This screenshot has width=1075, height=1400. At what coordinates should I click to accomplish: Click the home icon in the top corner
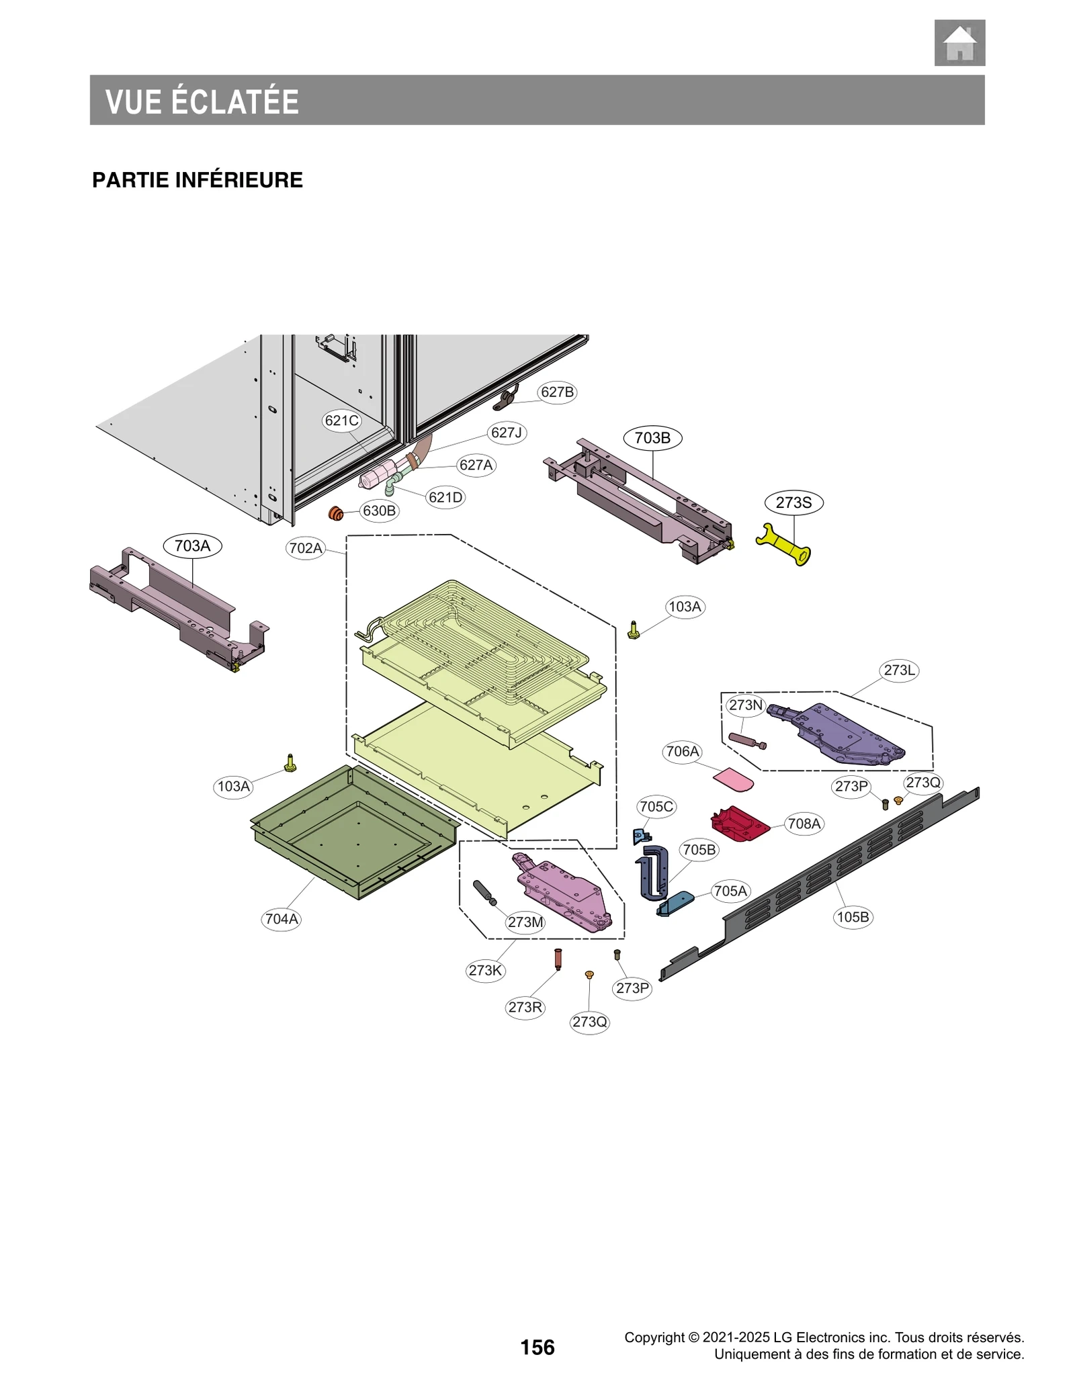[959, 43]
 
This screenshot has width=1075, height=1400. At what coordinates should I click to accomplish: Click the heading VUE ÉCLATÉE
[202, 101]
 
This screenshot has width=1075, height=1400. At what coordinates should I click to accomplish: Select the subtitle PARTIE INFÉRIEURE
[197, 180]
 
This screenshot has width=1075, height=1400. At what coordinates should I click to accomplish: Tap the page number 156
[537, 1347]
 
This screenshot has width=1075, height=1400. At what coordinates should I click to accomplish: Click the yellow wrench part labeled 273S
[783, 543]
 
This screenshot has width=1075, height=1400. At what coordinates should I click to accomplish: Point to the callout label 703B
[652, 438]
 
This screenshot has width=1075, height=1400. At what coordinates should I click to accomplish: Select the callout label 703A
[192, 545]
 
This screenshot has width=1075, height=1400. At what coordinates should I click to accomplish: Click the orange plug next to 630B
[335, 514]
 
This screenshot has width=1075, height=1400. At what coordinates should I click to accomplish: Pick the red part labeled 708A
[739, 824]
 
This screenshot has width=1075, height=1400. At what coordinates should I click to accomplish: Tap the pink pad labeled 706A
[733, 779]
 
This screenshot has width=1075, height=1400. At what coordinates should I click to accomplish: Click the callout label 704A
[281, 918]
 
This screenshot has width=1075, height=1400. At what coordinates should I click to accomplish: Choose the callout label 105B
[852, 916]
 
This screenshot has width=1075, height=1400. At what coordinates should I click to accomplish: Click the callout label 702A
[305, 548]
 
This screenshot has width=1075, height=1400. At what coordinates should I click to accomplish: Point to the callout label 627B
[557, 392]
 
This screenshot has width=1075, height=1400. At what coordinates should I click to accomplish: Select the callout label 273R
[525, 1006]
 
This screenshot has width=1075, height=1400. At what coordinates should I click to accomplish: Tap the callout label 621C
[341, 421]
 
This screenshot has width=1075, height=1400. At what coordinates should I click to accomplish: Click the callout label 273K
[484, 970]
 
